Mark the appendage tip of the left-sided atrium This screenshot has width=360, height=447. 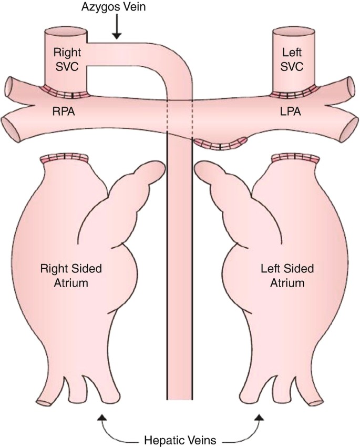tap(202, 170)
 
